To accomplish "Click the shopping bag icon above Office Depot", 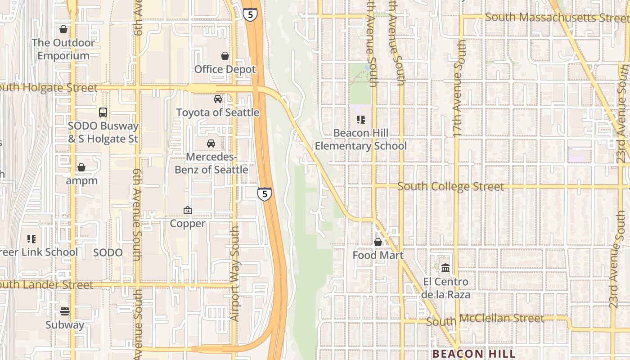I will (225, 56).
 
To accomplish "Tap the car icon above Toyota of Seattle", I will (218, 99).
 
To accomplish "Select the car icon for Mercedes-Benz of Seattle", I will (211, 144).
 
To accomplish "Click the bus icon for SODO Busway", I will (103, 112).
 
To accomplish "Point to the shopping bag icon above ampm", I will (81, 167).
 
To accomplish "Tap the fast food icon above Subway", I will (65, 311).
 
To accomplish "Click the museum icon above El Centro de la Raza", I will (445, 268).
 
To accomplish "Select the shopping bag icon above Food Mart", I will (378, 242).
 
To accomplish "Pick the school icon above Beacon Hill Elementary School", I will (360, 120).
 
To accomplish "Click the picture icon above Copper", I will (188, 210).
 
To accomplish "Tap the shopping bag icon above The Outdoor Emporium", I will (63, 29).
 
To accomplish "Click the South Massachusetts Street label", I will (556, 18).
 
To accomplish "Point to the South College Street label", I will (450, 186).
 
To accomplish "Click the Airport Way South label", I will (234, 274).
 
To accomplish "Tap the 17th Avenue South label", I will (459, 88).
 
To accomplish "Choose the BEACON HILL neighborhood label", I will (474, 354).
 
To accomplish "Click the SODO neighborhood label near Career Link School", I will (108, 252).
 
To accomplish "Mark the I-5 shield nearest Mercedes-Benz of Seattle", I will (265, 194).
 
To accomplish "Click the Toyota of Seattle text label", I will (218, 112).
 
